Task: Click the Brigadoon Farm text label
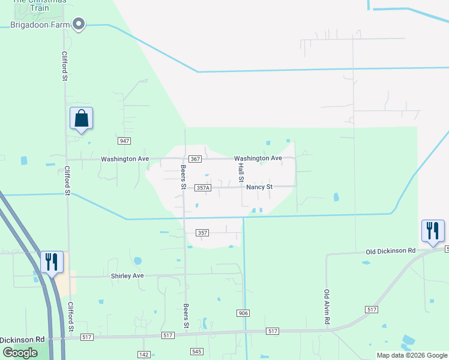tap(40, 25)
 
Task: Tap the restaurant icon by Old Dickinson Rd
tap(433, 230)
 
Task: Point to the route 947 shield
tap(124, 140)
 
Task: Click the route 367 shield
tap(194, 159)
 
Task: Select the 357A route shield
tap(203, 188)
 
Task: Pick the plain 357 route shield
tap(203, 232)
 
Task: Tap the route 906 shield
tap(243, 313)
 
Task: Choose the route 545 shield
tap(197, 352)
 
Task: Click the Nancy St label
tap(259, 187)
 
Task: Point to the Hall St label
tap(241, 172)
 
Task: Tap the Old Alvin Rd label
tap(327, 307)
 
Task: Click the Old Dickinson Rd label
tap(390, 250)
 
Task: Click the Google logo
tap(20, 352)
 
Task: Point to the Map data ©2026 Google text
tap(411, 355)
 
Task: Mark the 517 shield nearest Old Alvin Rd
tap(371, 308)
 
